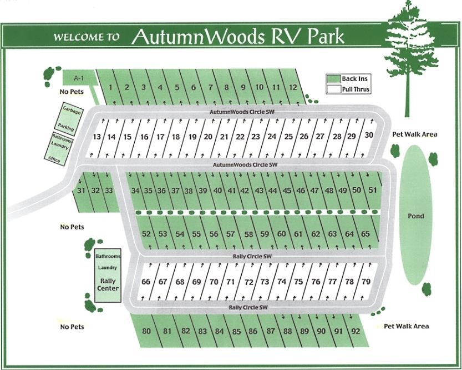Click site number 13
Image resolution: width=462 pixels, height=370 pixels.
pos(97,137)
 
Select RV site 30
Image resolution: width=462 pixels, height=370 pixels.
pos(369,134)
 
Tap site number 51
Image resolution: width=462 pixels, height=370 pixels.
pos(373,190)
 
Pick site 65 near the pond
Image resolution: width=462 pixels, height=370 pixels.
pos(365,234)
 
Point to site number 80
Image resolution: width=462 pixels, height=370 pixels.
pos(146,332)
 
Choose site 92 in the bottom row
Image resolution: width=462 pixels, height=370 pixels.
pos(356,332)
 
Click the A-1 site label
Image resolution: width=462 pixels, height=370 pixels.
pos(71,77)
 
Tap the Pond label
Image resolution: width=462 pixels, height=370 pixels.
pos(416,216)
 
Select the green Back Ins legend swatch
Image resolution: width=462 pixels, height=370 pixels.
pos(333,79)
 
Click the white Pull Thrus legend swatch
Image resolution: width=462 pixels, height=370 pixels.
pos(333,89)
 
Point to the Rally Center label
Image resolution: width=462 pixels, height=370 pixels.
pos(107,284)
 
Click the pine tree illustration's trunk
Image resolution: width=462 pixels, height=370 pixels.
pos(408,94)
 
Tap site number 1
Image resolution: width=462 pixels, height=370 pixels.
pos(111,87)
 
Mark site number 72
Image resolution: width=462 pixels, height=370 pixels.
pos(248,282)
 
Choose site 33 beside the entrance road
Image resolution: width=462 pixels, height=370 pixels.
pos(109,191)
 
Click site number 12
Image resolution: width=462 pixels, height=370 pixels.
pos(293,87)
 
